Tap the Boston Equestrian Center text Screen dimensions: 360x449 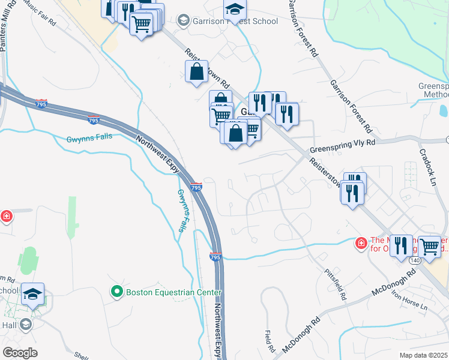pyautogui.click(x=173, y=292)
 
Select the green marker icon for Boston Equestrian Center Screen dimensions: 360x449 pyautogui.click(x=118, y=292)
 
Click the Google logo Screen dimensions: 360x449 pyautogui.click(x=20, y=352)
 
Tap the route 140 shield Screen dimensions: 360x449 pyautogui.click(x=415, y=261)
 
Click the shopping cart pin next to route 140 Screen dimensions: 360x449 pyautogui.click(x=429, y=246)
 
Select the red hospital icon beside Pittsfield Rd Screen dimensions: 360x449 pyautogui.click(x=361, y=243)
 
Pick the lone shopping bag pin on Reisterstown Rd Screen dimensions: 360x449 pyautogui.click(x=197, y=72)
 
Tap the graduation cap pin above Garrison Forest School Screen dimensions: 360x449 pyautogui.click(x=235, y=9)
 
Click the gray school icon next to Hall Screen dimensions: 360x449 pyautogui.click(x=25, y=325)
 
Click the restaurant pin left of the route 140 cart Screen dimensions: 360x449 pyautogui.click(x=401, y=245)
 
